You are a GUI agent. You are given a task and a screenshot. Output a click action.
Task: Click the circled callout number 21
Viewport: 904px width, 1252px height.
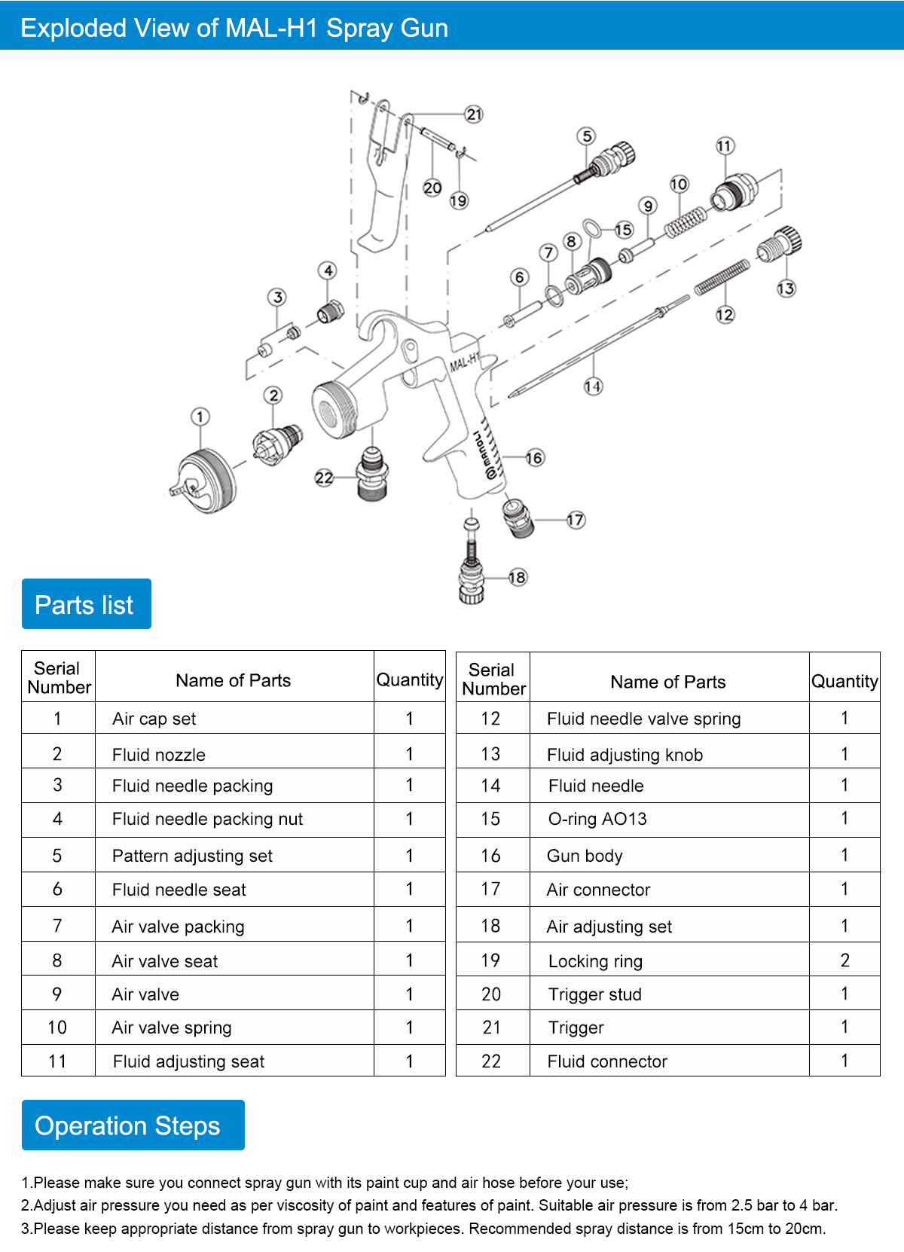tap(473, 115)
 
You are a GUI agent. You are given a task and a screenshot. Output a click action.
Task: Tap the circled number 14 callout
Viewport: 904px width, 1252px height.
tap(593, 386)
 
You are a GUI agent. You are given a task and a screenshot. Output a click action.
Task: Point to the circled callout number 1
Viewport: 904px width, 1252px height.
tap(200, 417)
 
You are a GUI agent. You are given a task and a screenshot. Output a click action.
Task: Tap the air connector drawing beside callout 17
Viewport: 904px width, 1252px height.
tap(518, 518)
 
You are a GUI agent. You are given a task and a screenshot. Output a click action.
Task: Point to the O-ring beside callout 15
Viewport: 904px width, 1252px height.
tap(593, 227)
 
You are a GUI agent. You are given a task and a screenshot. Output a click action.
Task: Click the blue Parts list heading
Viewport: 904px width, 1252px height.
tap(86, 604)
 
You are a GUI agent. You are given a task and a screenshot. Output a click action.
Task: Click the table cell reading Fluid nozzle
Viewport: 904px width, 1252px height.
tap(159, 755)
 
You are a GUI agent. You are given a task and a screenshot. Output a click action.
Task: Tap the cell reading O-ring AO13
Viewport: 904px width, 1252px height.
tap(597, 819)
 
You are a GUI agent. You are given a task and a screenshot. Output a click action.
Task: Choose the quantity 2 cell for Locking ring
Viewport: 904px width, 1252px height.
tap(844, 960)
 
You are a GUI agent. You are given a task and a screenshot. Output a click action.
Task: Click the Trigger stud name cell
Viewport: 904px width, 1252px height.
tap(595, 994)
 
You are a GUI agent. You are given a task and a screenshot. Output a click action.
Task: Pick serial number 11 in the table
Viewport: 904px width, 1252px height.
tap(57, 1061)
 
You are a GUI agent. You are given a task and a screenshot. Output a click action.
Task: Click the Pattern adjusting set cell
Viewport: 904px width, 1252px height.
tap(192, 856)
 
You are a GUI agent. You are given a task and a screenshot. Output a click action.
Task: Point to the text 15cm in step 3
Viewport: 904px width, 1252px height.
tap(744, 1229)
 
